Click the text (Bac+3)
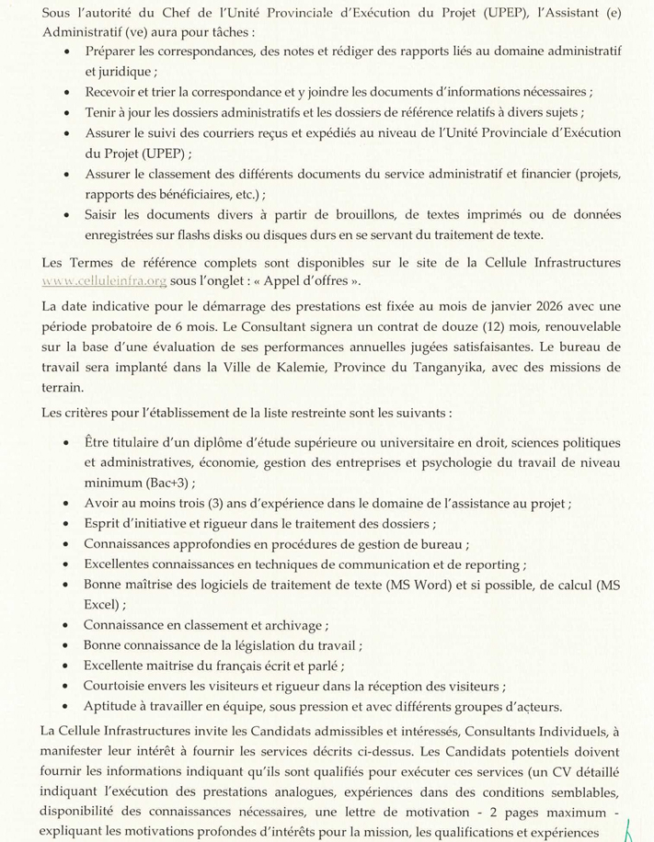click(x=168, y=482)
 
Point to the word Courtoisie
click(x=116, y=686)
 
